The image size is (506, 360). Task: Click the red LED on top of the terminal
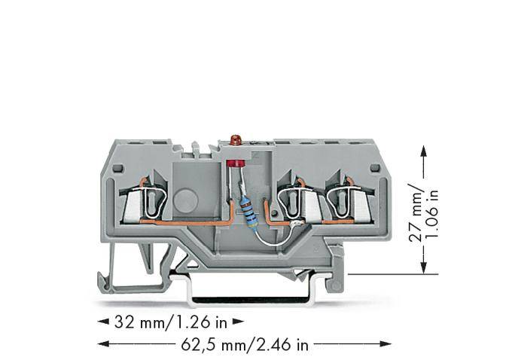235,140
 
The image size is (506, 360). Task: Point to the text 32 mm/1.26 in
169,323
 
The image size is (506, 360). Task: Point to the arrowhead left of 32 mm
104,323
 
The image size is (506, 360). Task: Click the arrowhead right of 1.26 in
238,323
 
